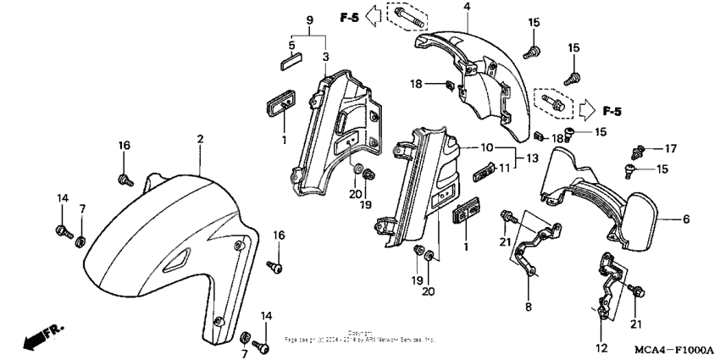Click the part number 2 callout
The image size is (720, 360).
pyautogui.click(x=201, y=138)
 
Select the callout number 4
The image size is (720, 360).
pyautogui.click(x=466, y=8)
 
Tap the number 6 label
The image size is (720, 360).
pyautogui.click(x=686, y=219)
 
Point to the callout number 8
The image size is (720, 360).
pyautogui.click(x=528, y=307)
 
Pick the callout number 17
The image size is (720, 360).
pyautogui.click(x=670, y=148)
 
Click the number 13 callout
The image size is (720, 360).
pyautogui.click(x=531, y=158)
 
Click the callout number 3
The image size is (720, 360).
pyautogui.click(x=325, y=56)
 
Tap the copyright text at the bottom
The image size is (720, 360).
pyautogui.click(x=360, y=337)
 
